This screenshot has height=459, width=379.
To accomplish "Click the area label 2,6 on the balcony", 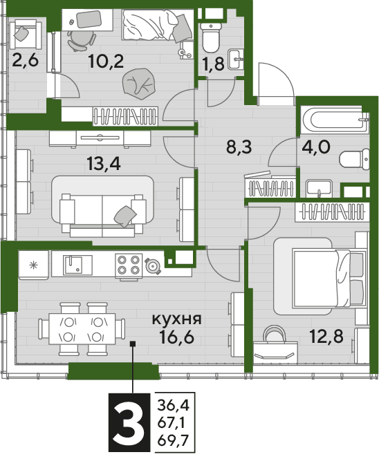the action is point(26,62).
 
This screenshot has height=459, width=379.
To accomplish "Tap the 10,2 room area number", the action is point(106,62).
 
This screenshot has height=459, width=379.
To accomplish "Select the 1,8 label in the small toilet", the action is point(214,64).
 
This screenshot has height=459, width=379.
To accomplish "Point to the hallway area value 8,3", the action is point(239,147).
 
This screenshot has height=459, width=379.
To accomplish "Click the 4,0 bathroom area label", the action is point(316,147).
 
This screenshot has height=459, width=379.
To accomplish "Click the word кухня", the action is point(177,319).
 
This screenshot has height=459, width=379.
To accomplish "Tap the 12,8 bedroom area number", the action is point(326,336).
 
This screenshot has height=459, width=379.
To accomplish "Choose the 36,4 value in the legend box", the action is point(174,406).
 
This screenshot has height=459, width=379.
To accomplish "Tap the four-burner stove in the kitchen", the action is point(129,265).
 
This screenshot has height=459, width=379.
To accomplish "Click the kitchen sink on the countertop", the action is point(78,265).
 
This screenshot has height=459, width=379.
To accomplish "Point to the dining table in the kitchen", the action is point(82,329).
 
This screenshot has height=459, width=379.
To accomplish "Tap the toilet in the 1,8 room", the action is point(210,37).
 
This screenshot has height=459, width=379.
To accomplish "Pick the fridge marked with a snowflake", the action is point(33,265).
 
